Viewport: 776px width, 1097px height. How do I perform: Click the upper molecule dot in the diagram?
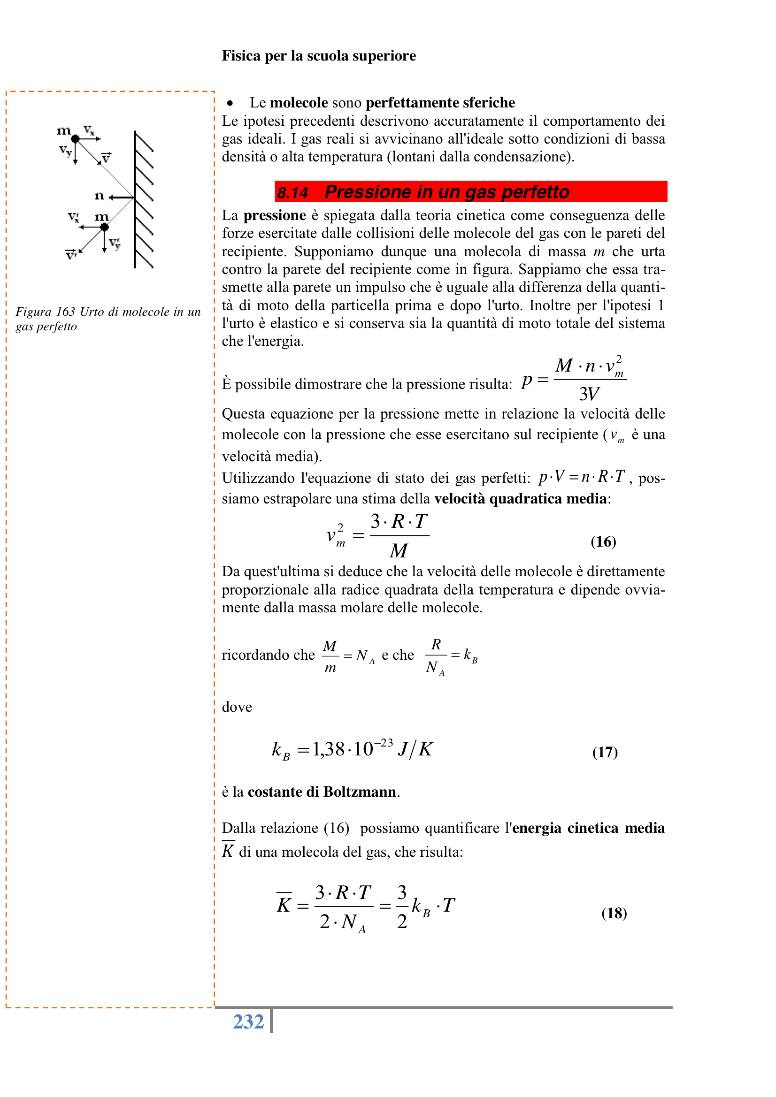tap(75, 139)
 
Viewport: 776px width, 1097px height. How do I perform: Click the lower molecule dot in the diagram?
tap(104, 228)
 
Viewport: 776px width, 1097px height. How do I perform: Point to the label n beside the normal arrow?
tap(99, 196)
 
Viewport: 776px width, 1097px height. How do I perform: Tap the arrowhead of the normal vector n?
tap(111, 198)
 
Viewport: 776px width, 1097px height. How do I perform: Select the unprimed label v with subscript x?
tap(89, 130)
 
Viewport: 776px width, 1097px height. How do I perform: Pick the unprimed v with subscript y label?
tap(65, 151)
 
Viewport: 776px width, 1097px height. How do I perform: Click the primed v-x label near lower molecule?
tap(74, 217)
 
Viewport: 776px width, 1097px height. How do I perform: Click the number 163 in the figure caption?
tap(65, 312)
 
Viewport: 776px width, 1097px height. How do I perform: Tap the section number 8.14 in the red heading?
tap(292, 192)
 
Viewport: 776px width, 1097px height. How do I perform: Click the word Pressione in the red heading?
tap(367, 192)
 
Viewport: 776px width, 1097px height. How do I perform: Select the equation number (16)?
tap(603, 541)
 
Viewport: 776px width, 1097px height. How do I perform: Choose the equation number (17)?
tap(605, 752)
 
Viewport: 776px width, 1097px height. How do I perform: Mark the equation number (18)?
tap(614, 913)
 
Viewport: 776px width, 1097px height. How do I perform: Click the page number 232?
tap(248, 1022)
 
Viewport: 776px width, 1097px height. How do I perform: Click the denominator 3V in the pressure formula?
tap(589, 394)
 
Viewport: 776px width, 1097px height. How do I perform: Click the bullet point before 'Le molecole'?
tap(230, 103)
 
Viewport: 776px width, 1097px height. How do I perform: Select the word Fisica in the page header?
tap(241, 56)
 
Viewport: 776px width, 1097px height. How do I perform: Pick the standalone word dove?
tap(237, 707)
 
